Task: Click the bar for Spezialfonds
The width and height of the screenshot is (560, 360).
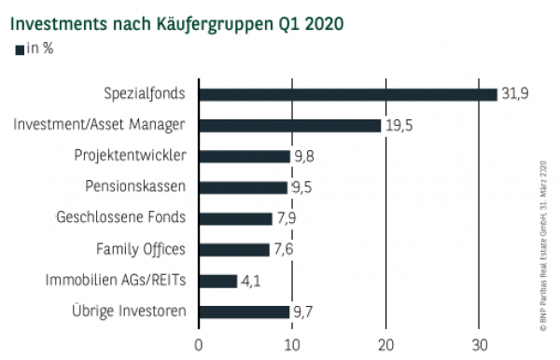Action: pos(347,93)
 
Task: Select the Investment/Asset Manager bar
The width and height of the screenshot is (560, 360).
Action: pos(289,125)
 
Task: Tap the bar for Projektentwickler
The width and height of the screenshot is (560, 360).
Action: pos(244,156)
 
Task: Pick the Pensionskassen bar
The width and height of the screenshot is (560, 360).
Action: pos(243,187)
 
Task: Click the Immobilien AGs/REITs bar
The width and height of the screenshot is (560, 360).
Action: pos(217,280)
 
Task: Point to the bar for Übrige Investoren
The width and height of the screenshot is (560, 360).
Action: pos(244,311)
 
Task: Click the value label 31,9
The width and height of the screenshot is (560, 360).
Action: pos(514,93)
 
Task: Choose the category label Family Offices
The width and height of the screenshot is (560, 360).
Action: pos(141,249)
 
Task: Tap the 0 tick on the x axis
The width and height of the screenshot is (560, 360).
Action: pos(199,344)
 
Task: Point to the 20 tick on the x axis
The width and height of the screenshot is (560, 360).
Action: pos(385,344)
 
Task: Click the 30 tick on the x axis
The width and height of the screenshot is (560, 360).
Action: pos(478,344)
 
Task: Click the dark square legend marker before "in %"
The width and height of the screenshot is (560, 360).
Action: pos(21,48)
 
